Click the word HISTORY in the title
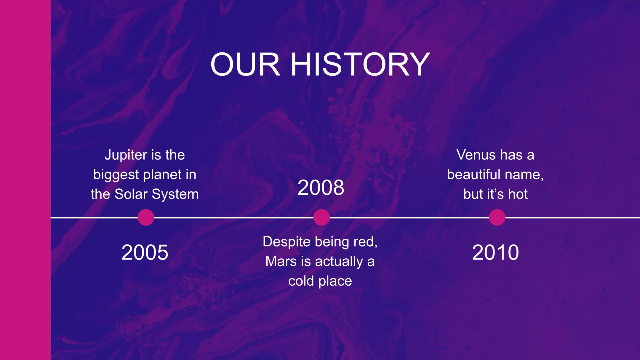[360, 65]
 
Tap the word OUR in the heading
[245, 65]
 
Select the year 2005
[145, 252]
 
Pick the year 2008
[321, 188]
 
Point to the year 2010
[495, 252]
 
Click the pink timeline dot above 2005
[146, 217]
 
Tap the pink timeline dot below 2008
[321, 217]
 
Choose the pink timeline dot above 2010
[497, 217]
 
